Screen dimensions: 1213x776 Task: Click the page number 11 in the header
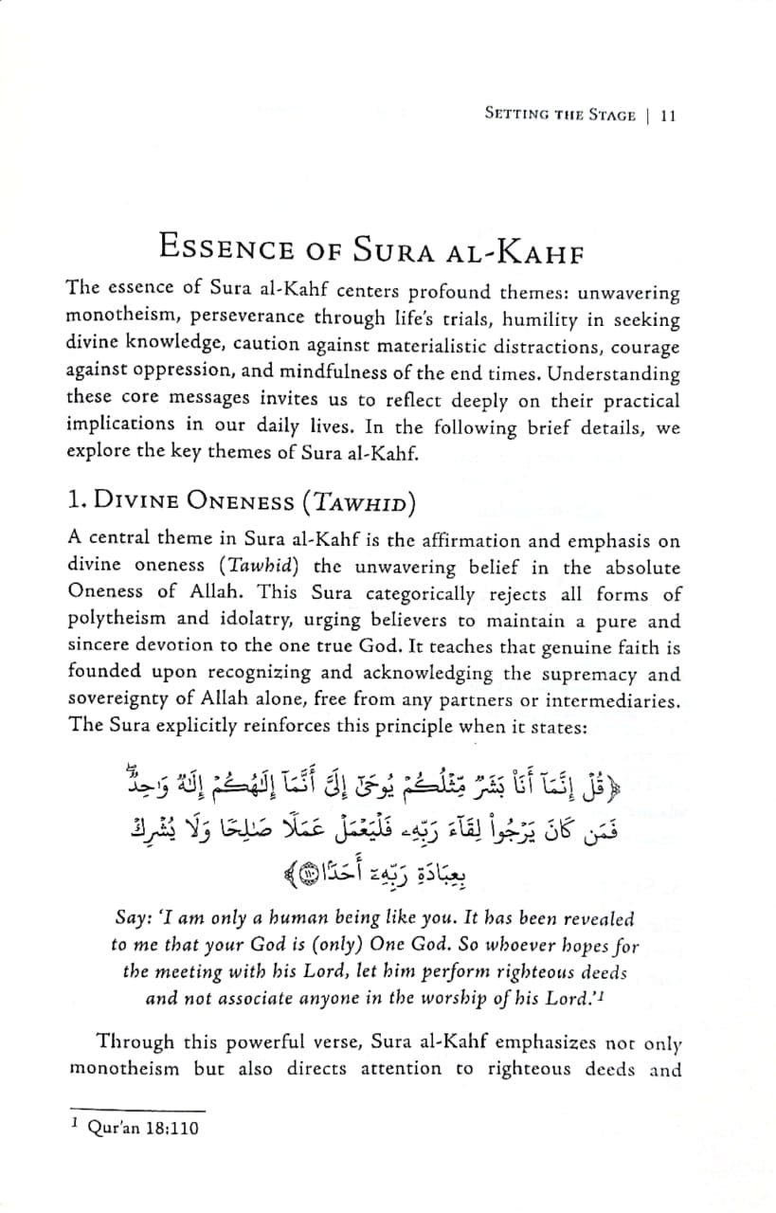666,116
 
